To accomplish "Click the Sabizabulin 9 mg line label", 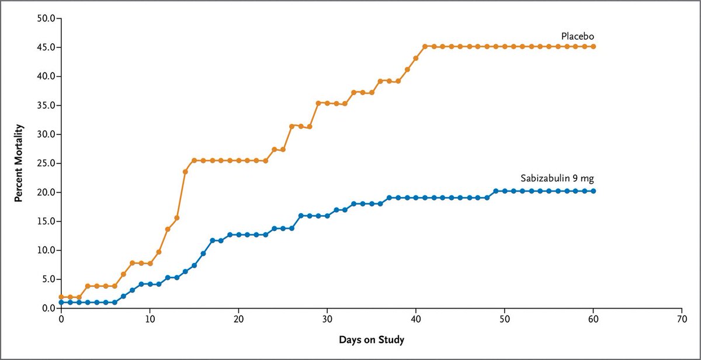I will pyautogui.click(x=557, y=179).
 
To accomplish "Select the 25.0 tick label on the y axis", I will pyautogui.click(x=46, y=163).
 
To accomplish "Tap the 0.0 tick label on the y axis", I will pyautogui.click(x=48, y=308).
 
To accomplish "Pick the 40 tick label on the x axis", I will pyautogui.click(x=416, y=320).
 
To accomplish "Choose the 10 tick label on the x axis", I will pyautogui.click(x=150, y=320).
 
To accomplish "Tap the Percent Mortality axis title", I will pyautogui.click(x=19, y=162).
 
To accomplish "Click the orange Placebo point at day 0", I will pyautogui.click(x=61, y=297).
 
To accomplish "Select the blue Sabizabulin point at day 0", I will pyautogui.click(x=61, y=302).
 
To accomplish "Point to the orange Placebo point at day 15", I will pyautogui.click(x=194, y=160).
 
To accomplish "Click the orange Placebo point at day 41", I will pyautogui.click(x=425, y=46).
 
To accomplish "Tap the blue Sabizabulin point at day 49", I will pyautogui.click(x=496, y=191).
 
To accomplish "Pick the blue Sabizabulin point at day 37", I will pyautogui.click(x=389, y=198).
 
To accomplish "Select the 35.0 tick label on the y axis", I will pyautogui.click(x=46, y=105).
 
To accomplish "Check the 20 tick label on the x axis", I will pyautogui.click(x=238, y=320).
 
